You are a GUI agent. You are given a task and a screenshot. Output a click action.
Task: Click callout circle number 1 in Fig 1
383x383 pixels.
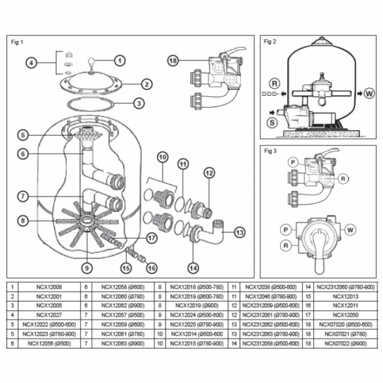click(119, 61)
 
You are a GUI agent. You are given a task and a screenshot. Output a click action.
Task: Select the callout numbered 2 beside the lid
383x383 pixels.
click(146, 84)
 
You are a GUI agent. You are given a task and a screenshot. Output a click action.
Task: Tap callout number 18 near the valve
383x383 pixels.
click(172, 61)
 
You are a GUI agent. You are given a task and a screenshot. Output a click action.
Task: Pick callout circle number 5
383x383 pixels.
click(22, 135)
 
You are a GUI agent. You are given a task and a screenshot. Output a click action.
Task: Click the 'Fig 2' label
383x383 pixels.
click(270, 43)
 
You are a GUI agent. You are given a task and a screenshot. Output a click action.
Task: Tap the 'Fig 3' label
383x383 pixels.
click(270, 150)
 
